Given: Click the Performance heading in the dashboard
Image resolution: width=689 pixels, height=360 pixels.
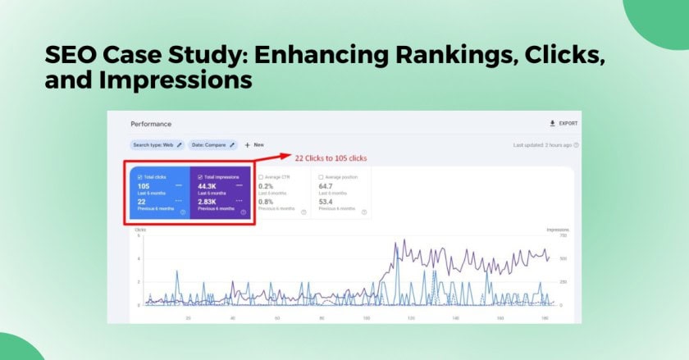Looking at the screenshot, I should [x=151, y=124].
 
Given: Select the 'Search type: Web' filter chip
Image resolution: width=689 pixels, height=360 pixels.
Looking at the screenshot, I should [x=157, y=145].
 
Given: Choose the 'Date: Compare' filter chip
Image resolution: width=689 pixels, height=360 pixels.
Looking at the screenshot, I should [x=212, y=145].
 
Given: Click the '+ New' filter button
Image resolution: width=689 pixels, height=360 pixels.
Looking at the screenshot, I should [x=254, y=145].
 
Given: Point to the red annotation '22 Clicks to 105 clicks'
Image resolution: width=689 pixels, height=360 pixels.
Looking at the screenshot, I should [x=331, y=157].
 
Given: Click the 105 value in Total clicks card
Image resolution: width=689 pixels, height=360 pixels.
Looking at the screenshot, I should [x=144, y=186].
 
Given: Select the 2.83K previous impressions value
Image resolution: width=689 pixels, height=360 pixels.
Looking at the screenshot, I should [x=206, y=201].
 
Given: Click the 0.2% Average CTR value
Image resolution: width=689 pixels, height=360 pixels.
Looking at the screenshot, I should [x=265, y=186].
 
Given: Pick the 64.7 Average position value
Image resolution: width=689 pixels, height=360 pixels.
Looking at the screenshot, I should [x=326, y=186].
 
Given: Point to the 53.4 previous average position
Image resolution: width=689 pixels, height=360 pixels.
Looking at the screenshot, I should [x=326, y=201].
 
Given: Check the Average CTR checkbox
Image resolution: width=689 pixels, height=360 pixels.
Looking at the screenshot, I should [x=261, y=176].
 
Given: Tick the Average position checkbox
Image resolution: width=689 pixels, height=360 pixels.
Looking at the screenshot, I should [x=321, y=176].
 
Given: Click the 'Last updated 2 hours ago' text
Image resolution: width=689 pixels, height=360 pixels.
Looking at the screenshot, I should [x=545, y=145].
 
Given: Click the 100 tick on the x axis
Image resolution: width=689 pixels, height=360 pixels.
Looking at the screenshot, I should [x=367, y=317].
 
